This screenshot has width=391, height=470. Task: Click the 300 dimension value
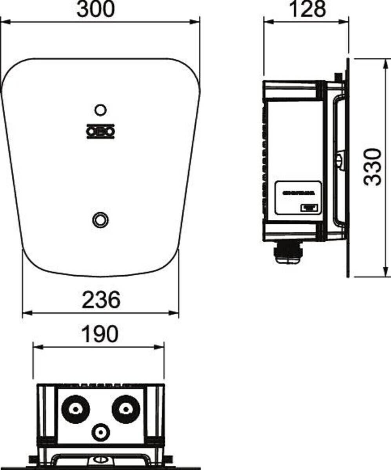point(96,10)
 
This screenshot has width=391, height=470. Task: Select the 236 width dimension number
point(100,300)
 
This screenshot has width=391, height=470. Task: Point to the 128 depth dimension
point(307,10)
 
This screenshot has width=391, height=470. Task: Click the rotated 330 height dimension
point(371,166)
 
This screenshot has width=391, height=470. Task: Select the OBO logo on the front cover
point(100,131)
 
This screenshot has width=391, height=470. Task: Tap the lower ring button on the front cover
point(100,219)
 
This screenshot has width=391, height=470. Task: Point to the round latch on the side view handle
point(340,160)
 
